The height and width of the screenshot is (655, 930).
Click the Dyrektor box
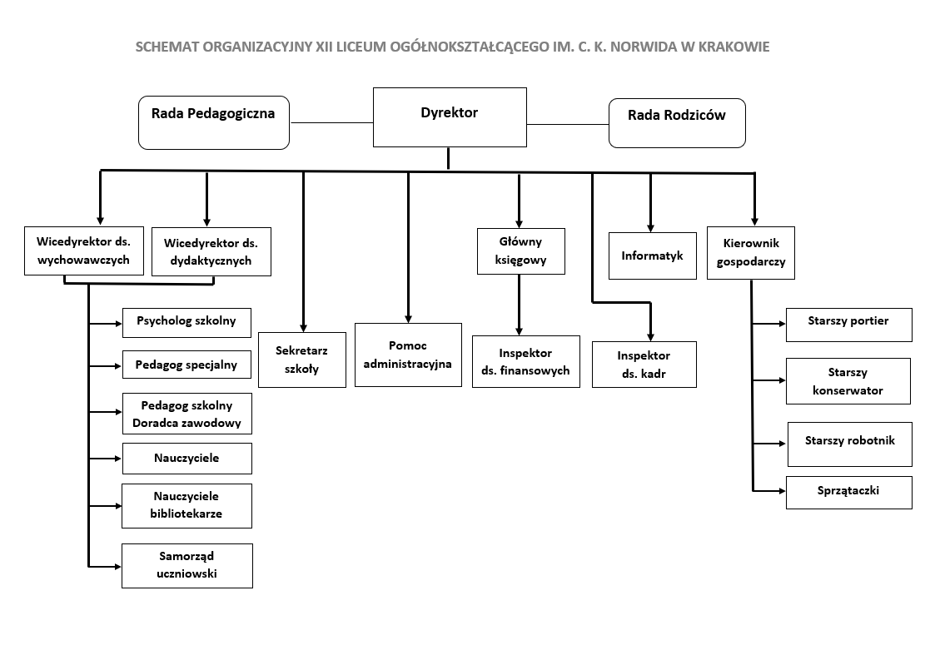(450, 117)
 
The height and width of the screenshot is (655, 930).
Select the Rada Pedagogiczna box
(213, 122)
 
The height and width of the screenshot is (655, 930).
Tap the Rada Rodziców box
(677, 122)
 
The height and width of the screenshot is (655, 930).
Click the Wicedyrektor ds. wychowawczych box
(83, 251)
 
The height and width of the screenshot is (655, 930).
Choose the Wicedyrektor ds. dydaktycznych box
(211, 251)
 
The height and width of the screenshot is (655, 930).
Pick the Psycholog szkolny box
(186, 322)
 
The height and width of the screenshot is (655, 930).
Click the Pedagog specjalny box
(186, 365)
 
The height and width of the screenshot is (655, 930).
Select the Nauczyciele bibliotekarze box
(186, 506)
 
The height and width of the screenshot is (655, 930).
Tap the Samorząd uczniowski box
(186, 566)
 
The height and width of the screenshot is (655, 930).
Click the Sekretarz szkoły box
(301, 360)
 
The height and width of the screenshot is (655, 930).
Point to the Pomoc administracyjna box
(408, 355)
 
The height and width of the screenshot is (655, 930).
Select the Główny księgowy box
(520, 251)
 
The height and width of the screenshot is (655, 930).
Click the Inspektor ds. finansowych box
(525, 362)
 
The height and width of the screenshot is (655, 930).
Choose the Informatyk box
(652, 256)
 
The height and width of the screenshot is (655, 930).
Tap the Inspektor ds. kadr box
(644, 365)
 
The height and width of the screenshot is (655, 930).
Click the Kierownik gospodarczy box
(750, 252)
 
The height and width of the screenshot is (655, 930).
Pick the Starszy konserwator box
(848, 381)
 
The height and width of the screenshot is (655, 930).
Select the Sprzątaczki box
(848, 492)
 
